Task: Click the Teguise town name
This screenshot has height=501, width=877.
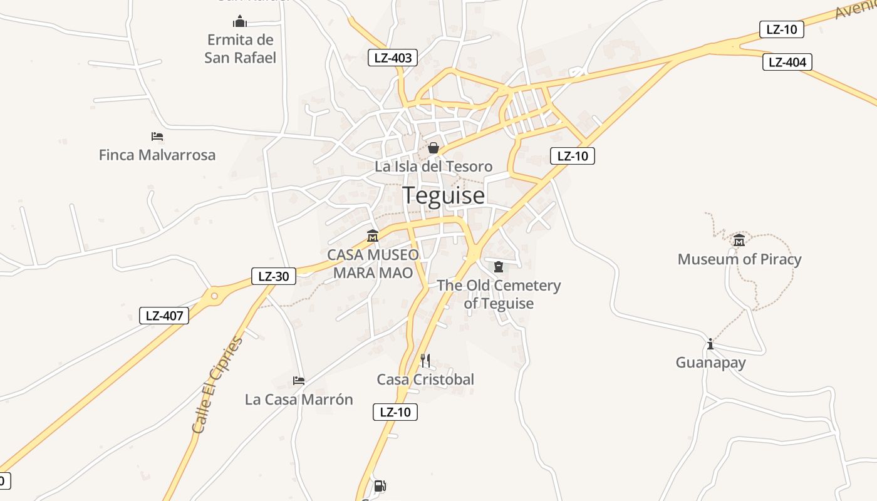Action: (444, 195)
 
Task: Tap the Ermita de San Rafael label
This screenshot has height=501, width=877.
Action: (241, 49)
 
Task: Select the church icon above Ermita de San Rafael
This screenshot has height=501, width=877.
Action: (240, 22)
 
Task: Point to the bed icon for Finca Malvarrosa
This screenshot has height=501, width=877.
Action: (157, 136)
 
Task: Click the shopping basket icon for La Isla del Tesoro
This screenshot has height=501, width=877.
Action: (433, 148)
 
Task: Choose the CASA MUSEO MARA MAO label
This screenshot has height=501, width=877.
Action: (373, 264)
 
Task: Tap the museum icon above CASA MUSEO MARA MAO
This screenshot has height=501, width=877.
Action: (373, 236)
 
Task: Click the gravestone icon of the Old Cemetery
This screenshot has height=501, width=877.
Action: (499, 267)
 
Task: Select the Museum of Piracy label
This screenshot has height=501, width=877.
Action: (739, 259)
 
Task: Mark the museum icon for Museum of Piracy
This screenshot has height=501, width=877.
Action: (739, 240)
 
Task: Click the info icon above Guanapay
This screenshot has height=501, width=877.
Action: (710, 344)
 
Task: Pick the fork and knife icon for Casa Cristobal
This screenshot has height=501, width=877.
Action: (425, 360)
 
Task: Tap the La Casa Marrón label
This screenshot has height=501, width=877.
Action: (299, 400)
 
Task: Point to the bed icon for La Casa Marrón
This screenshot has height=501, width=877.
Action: (299, 380)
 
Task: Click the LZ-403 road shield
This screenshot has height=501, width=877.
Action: (393, 58)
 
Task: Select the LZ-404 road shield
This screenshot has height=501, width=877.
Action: (787, 62)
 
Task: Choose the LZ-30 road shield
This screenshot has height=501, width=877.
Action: (274, 276)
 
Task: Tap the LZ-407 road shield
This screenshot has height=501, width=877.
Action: (164, 316)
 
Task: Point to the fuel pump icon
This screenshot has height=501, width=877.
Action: (380, 486)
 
